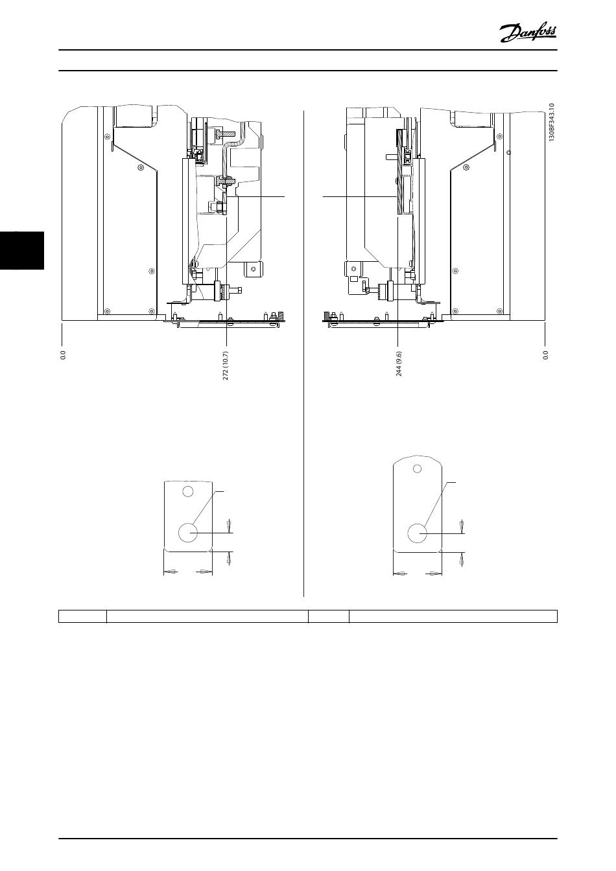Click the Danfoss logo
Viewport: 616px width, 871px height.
[528, 34]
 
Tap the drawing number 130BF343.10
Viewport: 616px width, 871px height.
[552, 122]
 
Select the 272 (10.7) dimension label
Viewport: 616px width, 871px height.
[226, 366]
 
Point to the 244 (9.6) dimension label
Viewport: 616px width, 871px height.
[399, 364]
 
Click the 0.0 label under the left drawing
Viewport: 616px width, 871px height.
[63, 355]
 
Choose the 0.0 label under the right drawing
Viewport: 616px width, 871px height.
[545, 355]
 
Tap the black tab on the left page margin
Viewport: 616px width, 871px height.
[22, 250]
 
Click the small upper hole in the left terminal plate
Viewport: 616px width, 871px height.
[187, 491]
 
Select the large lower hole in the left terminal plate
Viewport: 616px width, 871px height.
[188, 532]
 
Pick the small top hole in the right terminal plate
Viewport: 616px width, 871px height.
[417, 469]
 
